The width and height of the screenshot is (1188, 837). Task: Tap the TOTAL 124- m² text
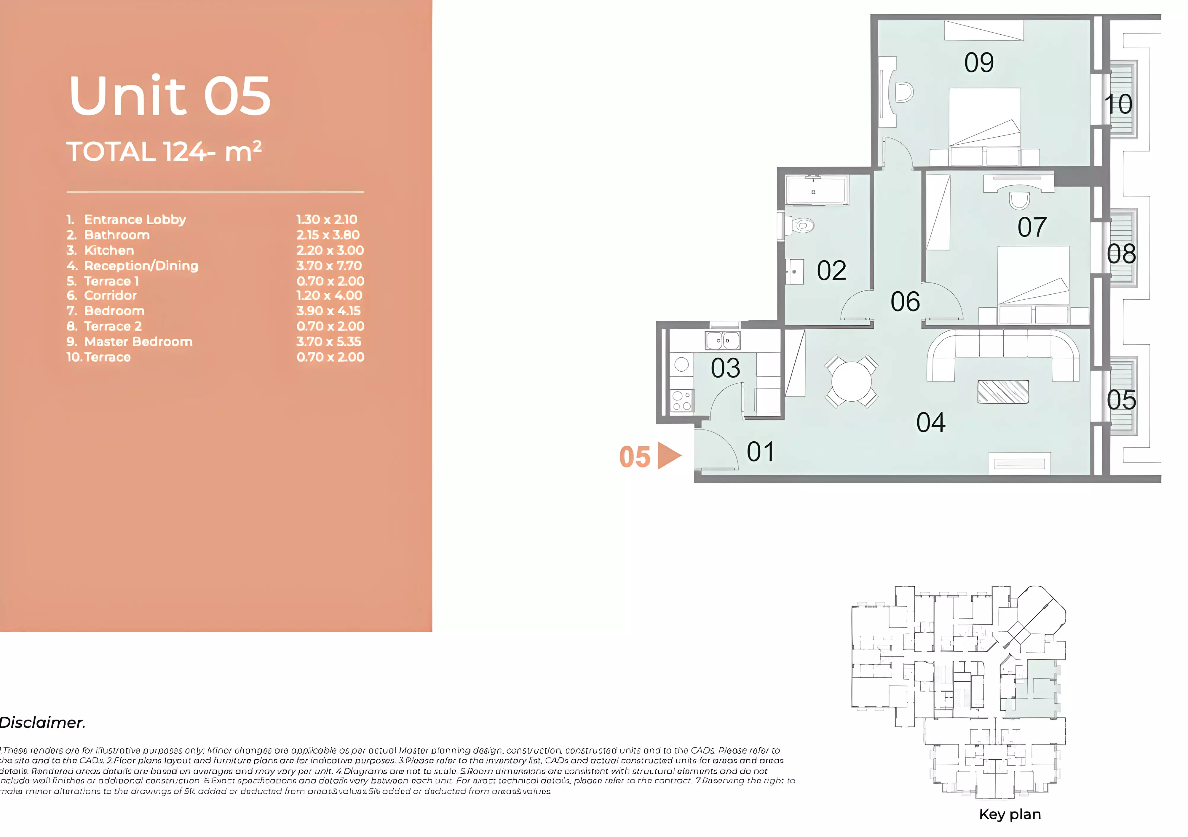click(x=164, y=152)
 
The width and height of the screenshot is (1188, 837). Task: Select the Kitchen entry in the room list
click(x=109, y=250)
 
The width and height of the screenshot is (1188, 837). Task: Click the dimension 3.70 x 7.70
click(x=329, y=266)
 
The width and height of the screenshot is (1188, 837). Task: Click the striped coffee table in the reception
click(x=1003, y=392)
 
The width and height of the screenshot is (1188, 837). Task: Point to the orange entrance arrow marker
click(x=669, y=456)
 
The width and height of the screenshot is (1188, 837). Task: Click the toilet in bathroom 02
click(x=801, y=226)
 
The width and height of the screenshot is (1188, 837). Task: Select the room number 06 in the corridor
click(x=905, y=302)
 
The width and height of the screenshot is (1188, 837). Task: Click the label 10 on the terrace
click(x=1118, y=105)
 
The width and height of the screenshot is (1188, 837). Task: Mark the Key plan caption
click(x=1010, y=814)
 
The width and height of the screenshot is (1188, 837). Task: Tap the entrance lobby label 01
click(x=760, y=452)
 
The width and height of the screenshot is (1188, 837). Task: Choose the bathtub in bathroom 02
click(x=816, y=190)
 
